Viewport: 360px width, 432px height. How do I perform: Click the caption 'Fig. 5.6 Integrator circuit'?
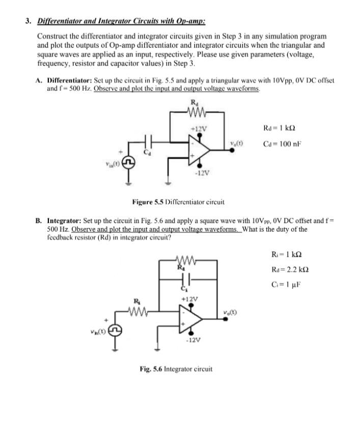tap(176, 368)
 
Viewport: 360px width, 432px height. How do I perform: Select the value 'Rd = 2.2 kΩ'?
tap(288, 268)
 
